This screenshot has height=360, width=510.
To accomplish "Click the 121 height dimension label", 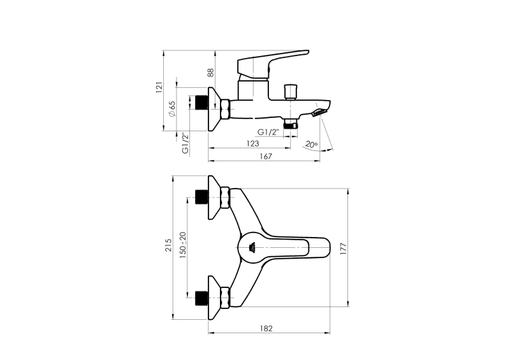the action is [x=159, y=87].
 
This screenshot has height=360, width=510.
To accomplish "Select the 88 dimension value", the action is [x=211, y=72].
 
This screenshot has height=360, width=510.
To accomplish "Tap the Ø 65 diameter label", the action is [x=171, y=108].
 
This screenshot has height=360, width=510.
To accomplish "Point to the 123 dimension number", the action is [x=252, y=143].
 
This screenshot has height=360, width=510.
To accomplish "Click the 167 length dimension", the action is [x=266, y=156].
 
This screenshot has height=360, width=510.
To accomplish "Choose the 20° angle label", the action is [x=311, y=145].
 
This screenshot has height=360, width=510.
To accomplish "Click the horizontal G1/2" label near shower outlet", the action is [x=268, y=132].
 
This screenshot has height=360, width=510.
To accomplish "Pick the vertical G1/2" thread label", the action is [x=185, y=143].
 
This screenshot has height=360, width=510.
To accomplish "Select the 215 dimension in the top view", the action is [x=168, y=245].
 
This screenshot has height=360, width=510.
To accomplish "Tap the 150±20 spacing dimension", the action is [x=183, y=245].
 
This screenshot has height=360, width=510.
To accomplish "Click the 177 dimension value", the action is [x=344, y=248].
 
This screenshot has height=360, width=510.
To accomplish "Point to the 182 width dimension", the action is [x=266, y=328].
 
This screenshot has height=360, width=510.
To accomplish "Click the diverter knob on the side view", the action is [x=291, y=92].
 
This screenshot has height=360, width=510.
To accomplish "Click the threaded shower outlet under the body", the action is [x=291, y=124].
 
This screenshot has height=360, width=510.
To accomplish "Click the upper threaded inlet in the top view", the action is [x=202, y=197].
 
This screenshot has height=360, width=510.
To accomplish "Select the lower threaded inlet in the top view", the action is [x=202, y=298].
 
